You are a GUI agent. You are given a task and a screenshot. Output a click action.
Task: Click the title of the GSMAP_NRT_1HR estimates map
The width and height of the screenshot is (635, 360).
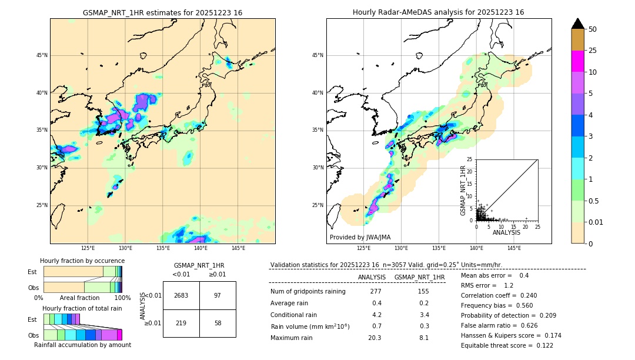click(162, 12)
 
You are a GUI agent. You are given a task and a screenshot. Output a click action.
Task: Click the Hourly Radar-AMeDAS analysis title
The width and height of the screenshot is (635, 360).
click(438, 12)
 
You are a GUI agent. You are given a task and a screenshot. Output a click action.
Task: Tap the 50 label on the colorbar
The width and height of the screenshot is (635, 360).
click(593, 29)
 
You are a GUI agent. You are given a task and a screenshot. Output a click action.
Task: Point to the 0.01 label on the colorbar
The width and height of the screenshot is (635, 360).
click(596, 222)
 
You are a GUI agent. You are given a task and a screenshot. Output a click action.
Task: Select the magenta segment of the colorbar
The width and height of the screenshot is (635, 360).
click(577, 61)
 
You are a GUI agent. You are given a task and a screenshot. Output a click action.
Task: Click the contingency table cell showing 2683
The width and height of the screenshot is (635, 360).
click(181, 295)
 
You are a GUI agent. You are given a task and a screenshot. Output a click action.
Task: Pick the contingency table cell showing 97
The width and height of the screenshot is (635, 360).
click(218, 295)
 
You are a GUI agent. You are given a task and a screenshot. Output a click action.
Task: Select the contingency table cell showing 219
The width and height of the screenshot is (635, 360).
click(181, 324)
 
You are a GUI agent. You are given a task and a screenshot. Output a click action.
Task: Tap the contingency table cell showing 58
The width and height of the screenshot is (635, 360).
click(218, 324)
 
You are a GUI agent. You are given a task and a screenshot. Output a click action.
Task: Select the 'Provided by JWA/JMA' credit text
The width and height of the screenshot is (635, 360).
click(360, 237)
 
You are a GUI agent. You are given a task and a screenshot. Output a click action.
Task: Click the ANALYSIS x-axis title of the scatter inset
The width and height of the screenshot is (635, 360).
click(506, 232)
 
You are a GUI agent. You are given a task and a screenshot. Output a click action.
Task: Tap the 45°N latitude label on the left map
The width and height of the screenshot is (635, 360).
click(41, 55)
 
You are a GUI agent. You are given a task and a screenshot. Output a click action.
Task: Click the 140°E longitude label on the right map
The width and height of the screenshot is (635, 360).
click(476, 248)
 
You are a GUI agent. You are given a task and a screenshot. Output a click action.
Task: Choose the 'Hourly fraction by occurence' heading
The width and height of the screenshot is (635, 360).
click(82, 261)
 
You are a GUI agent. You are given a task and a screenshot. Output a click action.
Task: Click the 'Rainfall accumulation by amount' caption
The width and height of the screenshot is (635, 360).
click(82, 345)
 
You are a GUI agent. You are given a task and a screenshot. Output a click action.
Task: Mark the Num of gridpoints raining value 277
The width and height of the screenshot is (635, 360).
click(376, 291)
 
